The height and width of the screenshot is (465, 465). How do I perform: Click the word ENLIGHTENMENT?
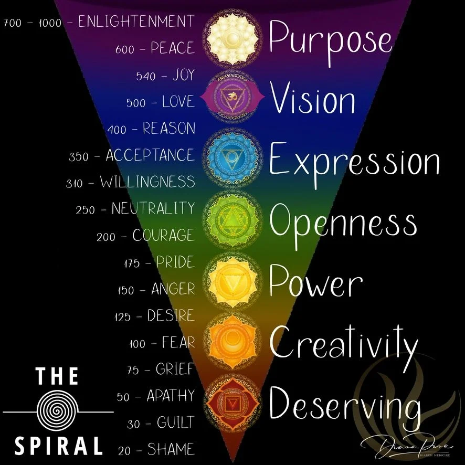click(136, 22)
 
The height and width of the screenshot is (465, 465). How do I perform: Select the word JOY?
click(183, 76)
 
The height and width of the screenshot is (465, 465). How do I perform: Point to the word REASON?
click(168, 128)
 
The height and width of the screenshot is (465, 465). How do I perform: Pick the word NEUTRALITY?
click(153, 208)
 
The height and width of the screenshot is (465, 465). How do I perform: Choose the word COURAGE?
click(163, 235)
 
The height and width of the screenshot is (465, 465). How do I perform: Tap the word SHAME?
click(171, 449)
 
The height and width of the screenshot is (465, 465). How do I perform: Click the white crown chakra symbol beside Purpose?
click(231, 39)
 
